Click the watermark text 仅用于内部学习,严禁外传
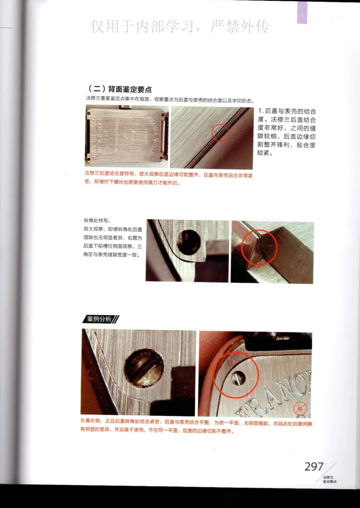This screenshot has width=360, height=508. (180, 27)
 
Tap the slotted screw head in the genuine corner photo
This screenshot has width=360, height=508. (144, 368)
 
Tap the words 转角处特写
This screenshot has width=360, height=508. (96, 221)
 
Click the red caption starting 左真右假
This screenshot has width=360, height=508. (92, 423)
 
